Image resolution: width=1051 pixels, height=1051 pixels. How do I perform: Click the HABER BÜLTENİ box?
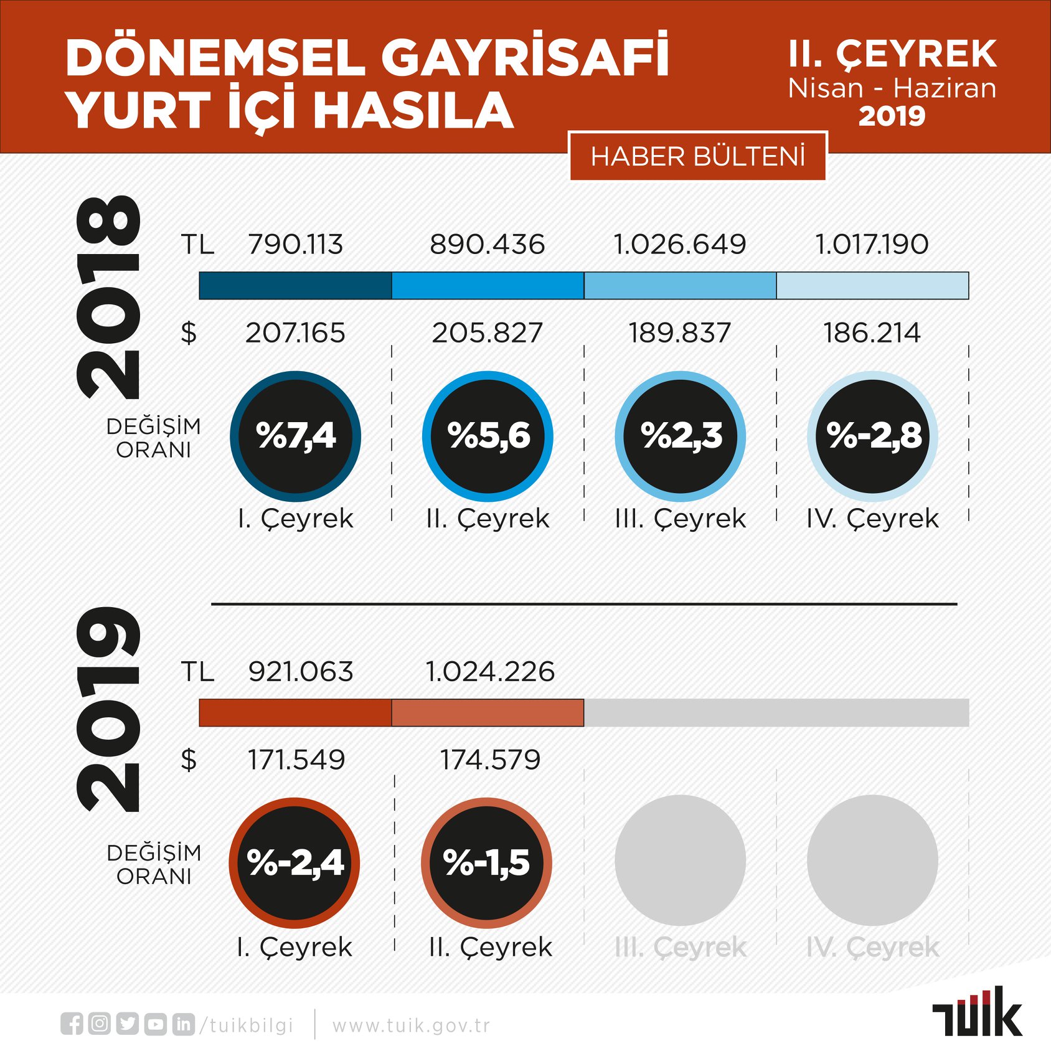tap(698, 156)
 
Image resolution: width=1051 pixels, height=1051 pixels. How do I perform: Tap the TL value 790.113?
tap(295, 244)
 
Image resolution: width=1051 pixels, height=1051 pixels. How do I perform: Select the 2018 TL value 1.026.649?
tap(680, 244)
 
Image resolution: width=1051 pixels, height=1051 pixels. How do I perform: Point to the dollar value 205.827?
tap(488, 332)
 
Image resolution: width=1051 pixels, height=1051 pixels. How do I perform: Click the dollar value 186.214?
tap(872, 332)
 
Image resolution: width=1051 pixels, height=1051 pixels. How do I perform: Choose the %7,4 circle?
tap(295, 436)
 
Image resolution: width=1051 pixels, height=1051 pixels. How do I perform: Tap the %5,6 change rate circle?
tap(488, 436)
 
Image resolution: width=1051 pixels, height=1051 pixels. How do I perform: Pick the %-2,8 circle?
tap(872, 436)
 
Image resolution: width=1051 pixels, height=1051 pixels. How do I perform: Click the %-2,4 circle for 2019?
tap(295, 863)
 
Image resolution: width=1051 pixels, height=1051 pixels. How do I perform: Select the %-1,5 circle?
tap(487, 863)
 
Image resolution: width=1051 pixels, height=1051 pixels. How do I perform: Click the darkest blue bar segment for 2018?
tap(295, 286)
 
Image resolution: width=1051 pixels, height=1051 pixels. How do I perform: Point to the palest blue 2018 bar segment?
tap(873, 286)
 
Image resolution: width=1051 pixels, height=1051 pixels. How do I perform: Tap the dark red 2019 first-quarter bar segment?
tap(295, 713)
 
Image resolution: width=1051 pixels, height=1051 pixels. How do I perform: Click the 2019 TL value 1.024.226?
tap(490, 671)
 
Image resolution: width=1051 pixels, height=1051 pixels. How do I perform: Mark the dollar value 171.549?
tap(296, 760)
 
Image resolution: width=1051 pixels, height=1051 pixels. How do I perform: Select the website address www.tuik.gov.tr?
tap(412, 1025)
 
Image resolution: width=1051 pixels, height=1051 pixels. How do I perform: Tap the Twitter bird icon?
tap(127, 1024)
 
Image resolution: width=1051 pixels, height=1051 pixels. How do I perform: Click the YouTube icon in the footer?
tap(156, 1024)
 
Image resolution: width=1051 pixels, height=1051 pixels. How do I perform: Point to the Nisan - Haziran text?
tap(892, 88)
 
